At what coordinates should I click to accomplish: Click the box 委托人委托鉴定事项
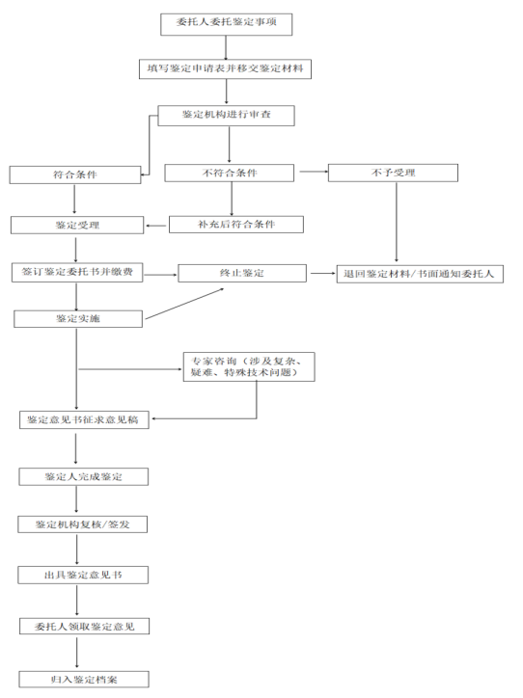coord(227,24)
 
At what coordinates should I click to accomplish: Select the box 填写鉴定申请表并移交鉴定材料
coord(225,69)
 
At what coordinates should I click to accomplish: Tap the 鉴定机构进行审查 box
coord(226,116)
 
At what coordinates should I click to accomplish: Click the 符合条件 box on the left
coord(75,174)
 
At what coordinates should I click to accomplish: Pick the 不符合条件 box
coord(229,173)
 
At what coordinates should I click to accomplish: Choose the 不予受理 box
coord(393,173)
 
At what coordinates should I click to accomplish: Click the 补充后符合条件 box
coord(236,225)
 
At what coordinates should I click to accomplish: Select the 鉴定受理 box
coord(77,226)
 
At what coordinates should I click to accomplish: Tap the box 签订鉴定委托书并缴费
coord(77,272)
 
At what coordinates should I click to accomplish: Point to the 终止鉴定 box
coord(242,273)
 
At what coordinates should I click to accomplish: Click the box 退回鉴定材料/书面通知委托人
coord(420,274)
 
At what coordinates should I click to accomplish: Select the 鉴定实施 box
coord(78,319)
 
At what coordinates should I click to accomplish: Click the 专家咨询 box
coord(249,366)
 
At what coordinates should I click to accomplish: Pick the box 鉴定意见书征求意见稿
coord(84,419)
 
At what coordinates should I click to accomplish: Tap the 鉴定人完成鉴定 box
coord(83,477)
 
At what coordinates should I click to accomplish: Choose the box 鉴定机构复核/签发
coord(82,524)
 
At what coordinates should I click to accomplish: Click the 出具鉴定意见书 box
coord(83,576)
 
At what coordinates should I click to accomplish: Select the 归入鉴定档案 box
coord(84,680)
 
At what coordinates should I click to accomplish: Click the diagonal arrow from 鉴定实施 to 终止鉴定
coord(184,304)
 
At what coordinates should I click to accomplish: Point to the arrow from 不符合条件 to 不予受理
coord(314,172)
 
